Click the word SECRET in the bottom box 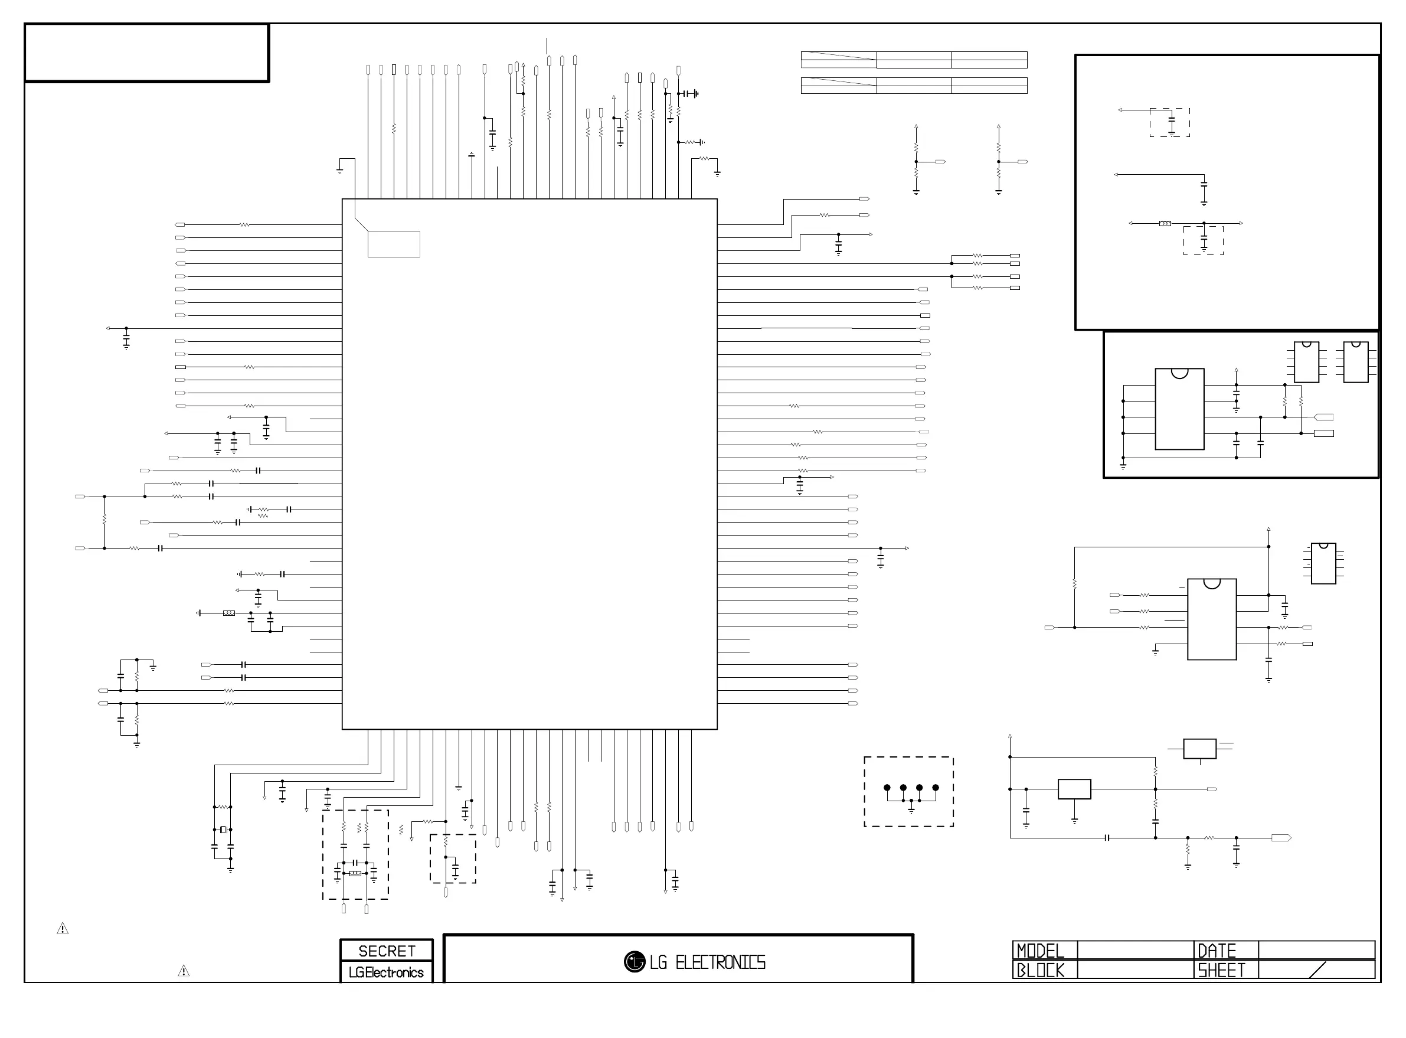pos(386,951)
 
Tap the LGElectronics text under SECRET pos(386,972)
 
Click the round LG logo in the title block pos(635,961)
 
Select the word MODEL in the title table pos(1040,951)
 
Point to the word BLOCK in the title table pos(1040,970)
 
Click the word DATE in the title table pos(1217,951)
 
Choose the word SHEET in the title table pos(1221,970)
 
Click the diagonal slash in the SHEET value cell pos(1317,970)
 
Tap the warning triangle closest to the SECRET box pos(184,971)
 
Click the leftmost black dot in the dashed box pos(887,787)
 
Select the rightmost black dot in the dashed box pos(936,787)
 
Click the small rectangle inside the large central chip pos(394,244)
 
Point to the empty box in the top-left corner pos(147,53)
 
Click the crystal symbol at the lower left pos(223,830)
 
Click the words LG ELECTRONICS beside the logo pos(707,962)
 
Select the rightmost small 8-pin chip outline pos(1355,362)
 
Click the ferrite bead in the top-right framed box pos(1165,223)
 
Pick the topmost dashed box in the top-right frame pos(1169,123)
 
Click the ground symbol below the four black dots pos(911,810)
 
